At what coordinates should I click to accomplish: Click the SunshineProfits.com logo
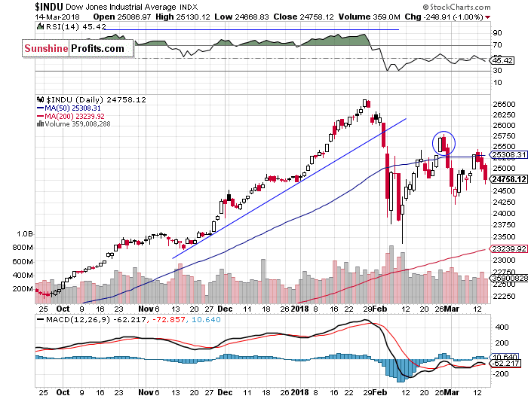pos(73,49)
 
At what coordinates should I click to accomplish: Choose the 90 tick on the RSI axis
pos(498,34)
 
